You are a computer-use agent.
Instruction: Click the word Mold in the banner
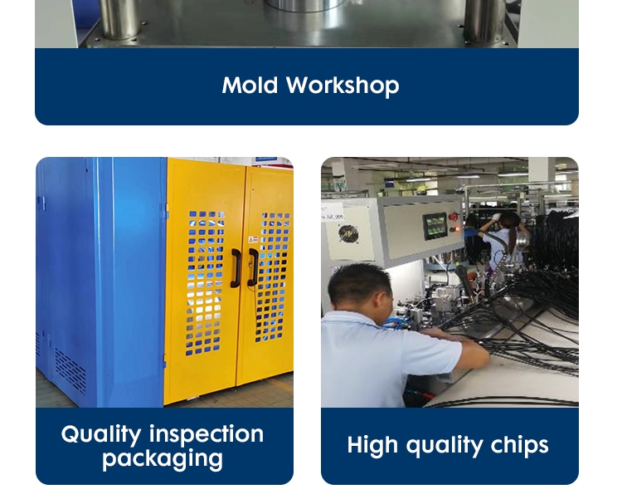coord(250,85)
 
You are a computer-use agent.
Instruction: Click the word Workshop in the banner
coord(343,86)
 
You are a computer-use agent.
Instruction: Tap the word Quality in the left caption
coord(101,434)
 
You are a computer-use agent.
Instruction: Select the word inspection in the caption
coord(207,433)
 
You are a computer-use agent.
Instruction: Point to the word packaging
coord(163,459)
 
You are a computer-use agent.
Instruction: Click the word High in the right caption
coord(372,445)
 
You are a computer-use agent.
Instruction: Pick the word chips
coord(519,444)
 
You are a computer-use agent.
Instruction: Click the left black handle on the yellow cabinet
coord(236,268)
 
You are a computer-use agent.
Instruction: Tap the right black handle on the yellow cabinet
coord(253,267)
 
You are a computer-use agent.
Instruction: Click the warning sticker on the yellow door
coord(253,239)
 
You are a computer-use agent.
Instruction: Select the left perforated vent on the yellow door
coord(205,283)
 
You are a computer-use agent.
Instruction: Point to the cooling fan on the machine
coord(348,234)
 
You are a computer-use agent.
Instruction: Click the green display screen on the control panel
coord(435,226)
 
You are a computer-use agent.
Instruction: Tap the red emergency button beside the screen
coord(454,217)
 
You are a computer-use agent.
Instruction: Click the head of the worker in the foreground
coord(360,287)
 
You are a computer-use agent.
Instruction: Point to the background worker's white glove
coord(496,217)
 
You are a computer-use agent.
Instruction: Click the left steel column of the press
coord(119,19)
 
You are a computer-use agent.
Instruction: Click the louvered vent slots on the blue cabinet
coord(70,369)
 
